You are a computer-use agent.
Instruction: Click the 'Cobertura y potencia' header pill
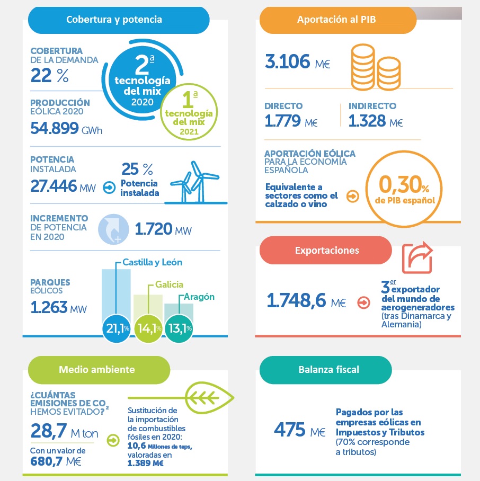[114, 20]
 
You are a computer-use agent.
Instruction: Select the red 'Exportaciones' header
[326, 250]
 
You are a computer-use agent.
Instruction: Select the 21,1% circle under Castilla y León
[117, 328]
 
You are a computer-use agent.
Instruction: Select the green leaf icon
[210, 395]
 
